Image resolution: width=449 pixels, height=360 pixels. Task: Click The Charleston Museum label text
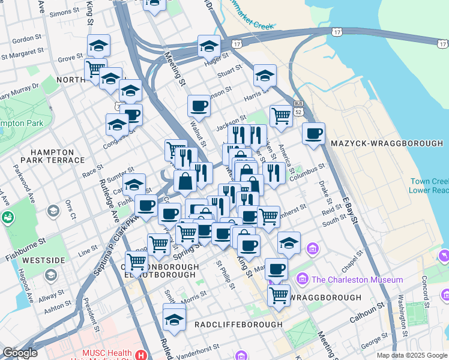point(357,280)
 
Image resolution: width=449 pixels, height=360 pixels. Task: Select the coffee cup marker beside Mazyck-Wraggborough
point(313,134)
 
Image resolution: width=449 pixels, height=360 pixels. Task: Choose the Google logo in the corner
point(20,353)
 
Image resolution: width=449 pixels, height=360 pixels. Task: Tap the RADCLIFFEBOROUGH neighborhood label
point(238,325)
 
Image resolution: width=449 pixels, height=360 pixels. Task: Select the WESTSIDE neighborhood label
point(43,261)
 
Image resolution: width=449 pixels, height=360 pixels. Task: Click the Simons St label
point(64,13)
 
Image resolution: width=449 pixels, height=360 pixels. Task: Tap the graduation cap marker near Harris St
point(264,76)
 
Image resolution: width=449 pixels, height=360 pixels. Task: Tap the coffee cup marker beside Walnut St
point(199,106)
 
